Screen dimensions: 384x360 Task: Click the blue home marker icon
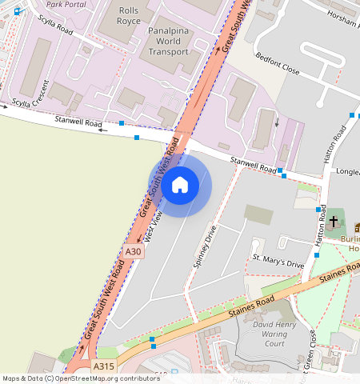tap(181, 186)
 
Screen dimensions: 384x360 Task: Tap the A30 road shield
tap(134, 252)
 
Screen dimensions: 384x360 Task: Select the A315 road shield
tap(103, 366)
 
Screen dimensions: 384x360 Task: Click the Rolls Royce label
tap(128, 16)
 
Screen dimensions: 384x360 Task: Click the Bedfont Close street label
tap(277, 64)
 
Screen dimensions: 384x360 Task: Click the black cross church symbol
tap(334, 219)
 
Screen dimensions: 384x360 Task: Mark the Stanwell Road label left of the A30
tap(78, 123)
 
